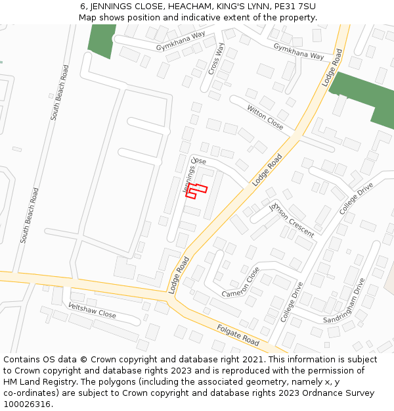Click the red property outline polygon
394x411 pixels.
[195, 190]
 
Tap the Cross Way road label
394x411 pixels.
[217, 60]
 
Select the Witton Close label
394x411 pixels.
[265, 117]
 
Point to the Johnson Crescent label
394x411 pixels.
[292, 220]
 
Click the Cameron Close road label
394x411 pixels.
[240, 282]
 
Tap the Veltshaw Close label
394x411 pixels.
[92, 310]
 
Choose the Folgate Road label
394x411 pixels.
[238, 331]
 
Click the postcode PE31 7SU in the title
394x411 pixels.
[295, 6]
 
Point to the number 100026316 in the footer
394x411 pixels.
[27, 404]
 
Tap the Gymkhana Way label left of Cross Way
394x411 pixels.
[181, 41]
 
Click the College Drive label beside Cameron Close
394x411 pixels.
[292, 302]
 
